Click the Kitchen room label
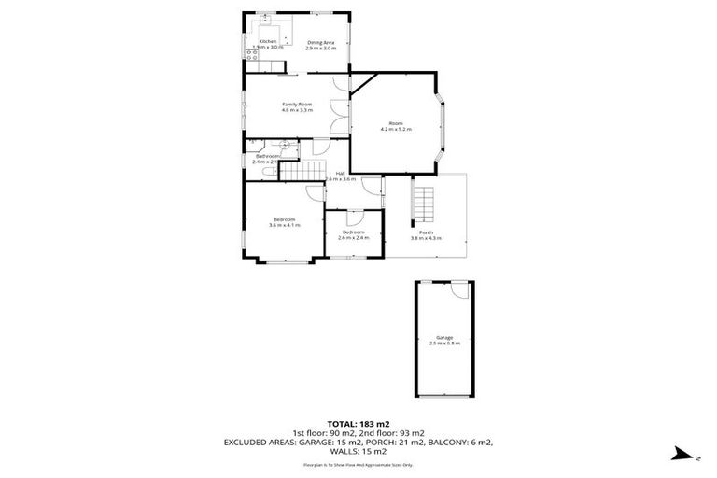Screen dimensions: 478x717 [x=267, y=42]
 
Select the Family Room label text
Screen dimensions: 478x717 [x=297, y=104]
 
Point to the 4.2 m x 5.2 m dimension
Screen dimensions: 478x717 [x=396, y=129]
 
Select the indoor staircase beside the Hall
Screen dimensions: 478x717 [x=299, y=172]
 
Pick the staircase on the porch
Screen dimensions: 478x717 [x=426, y=201]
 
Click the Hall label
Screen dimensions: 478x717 [x=341, y=174]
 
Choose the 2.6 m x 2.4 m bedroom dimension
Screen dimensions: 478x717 [x=353, y=236]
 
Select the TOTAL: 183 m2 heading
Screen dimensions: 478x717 [x=358, y=423]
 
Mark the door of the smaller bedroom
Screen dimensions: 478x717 [x=355, y=217]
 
